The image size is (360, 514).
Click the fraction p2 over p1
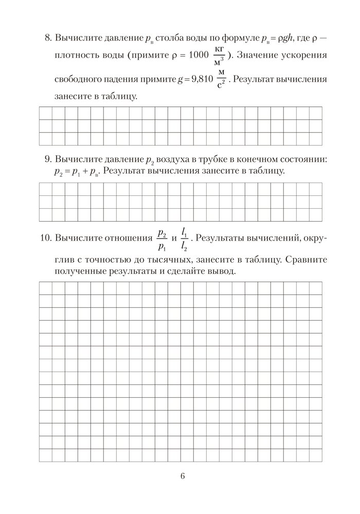161,238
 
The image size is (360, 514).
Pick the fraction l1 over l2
185,238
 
